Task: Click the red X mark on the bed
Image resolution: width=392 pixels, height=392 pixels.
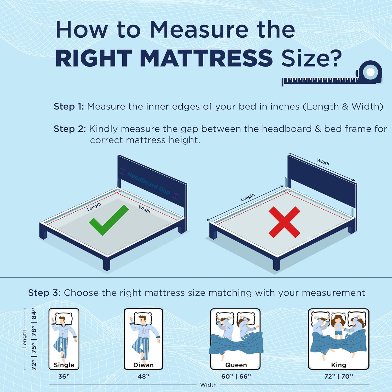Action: point(284,222)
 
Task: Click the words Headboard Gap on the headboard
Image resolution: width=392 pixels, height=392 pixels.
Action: point(149,183)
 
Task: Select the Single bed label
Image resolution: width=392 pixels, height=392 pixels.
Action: point(64,365)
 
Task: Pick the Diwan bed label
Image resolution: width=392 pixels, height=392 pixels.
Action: point(143,365)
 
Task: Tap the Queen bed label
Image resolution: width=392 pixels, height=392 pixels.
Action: point(236,365)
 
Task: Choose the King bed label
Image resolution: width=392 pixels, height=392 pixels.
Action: point(338,365)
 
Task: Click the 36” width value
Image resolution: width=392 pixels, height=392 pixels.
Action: point(64,377)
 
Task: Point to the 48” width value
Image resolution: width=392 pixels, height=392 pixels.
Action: point(143,377)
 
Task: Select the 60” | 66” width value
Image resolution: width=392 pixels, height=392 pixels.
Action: point(236,377)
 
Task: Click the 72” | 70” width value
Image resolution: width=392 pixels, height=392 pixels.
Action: point(339,377)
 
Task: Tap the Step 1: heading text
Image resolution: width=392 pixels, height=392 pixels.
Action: point(69,107)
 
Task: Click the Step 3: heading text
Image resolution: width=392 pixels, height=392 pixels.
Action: point(44,293)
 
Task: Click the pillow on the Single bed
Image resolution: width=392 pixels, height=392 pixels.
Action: point(64,318)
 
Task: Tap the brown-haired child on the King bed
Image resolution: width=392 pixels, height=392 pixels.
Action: point(338,327)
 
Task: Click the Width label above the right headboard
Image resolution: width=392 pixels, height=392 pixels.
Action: point(323,162)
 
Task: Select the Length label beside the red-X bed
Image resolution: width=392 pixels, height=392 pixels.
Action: point(247,197)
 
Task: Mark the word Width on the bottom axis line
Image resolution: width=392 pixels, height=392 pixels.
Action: point(208,385)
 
